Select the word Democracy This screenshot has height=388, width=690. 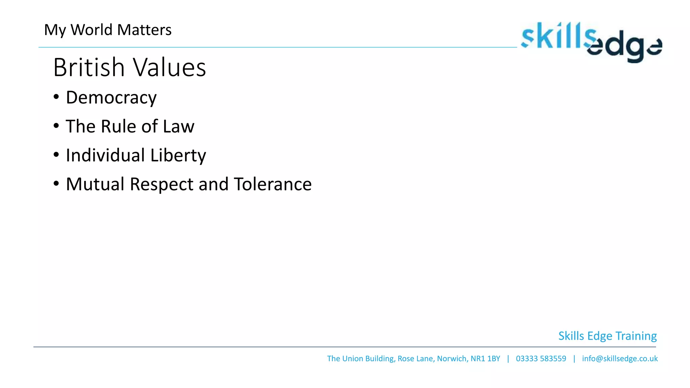[x=111, y=98]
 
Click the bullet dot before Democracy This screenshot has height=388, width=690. [x=56, y=97]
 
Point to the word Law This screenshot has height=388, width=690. [x=179, y=127]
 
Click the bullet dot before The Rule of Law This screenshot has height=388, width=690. [x=56, y=126]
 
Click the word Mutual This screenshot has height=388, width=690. [x=95, y=184]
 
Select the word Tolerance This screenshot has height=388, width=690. [x=273, y=184]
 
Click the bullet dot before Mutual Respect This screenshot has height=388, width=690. [x=56, y=184]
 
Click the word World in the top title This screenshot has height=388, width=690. [x=91, y=30]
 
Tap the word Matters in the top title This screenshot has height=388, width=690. [x=144, y=30]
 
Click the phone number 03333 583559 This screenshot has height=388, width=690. [x=541, y=358]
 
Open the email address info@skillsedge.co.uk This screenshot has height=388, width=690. [x=620, y=358]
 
